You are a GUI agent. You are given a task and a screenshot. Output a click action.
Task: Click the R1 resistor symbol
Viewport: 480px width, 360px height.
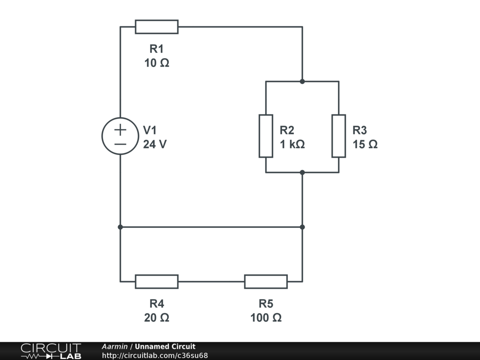(157, 27)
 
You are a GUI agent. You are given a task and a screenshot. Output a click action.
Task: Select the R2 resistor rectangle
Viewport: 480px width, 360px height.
(266, 136)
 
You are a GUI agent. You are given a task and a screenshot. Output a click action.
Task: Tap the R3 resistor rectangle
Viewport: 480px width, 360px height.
(338, 136)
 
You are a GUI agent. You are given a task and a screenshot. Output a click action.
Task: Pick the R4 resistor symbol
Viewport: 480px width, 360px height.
(157, 282)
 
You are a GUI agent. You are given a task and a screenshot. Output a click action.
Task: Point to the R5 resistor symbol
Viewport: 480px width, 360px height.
(266, 282)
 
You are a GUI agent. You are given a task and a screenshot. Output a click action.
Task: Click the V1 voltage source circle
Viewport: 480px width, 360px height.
(120, 136)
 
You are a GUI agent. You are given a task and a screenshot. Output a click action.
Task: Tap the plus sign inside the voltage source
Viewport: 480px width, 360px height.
(120, 129)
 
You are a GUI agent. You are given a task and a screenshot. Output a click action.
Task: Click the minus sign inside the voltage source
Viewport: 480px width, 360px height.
(120, 144)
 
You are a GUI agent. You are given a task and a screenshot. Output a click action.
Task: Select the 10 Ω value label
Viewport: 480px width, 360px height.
(157, 63)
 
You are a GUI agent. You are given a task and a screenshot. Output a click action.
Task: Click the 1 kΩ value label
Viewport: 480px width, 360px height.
(292, 144)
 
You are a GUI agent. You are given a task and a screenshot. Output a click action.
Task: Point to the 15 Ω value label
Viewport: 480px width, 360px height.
(365, 144)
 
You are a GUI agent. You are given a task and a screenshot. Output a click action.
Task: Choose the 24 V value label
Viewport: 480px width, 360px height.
(155, 144)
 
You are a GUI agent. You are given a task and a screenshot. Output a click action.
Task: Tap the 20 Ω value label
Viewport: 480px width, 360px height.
(157, 318)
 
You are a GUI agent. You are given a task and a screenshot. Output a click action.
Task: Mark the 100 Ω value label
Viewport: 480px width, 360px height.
(266, 318)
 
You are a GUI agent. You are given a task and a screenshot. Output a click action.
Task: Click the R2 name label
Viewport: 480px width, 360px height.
(287, 130)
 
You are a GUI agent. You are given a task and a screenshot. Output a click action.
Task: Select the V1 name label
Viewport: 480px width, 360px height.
(151, 130)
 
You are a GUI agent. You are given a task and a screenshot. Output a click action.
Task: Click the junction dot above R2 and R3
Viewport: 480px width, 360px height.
(302, 82)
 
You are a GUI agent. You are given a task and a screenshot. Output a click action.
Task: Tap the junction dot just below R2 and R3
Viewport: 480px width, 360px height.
(302, 172)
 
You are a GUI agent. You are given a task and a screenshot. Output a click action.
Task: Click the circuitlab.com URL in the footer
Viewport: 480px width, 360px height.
(155, 356)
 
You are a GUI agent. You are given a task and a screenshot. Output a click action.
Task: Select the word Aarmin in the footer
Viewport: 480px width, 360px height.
(115, 347)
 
